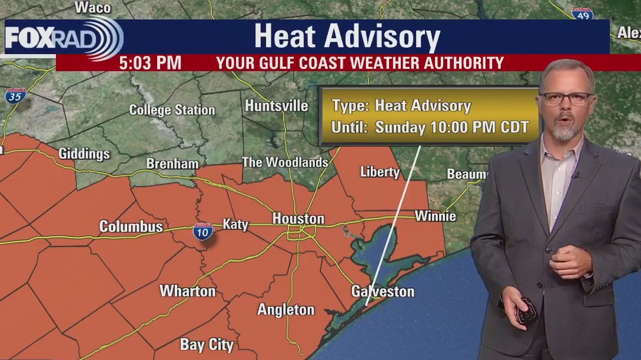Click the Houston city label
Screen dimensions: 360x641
coord(298,219)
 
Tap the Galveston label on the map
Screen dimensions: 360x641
coord(383,291)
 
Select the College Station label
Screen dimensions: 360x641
coord(172,110)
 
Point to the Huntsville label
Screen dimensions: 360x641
coord(276,106)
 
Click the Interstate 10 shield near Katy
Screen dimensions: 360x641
coord(202,232)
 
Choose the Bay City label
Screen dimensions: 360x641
coord(207,345)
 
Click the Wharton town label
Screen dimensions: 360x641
coord(188,291)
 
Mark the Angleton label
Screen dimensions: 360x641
coord(286,309)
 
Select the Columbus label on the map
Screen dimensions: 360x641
coord(131,226)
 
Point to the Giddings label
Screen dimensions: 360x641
coord(84,154)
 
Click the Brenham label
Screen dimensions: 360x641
coord(172,164)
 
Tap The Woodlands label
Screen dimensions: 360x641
coord(285,162)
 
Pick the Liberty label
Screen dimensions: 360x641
coord(380,172)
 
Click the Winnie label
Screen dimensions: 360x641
coord(435,216)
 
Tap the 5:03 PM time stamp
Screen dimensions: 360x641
coord(150,63)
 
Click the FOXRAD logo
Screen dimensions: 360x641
coord(64,38)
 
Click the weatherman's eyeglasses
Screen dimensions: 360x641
coord(566,98)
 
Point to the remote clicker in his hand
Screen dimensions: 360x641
coord(526,310)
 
